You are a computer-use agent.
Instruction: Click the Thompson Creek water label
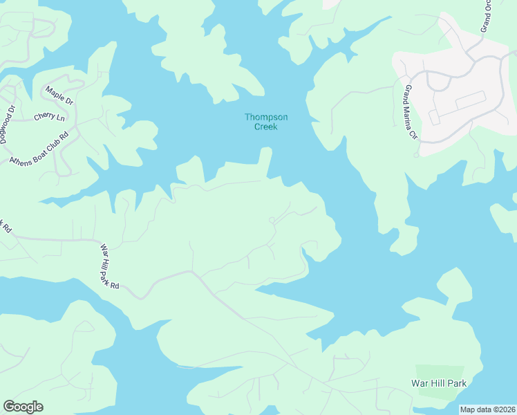pyautogui.click(x=266, y=122)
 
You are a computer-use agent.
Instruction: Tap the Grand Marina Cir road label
pyautogui.click(x=412, y=112)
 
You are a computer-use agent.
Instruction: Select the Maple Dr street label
pyautogui.click(x=59, y=95)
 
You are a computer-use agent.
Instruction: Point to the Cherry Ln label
pyautogui.click(x=48, y=116)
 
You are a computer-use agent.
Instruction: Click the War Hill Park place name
pyautogui.click(x=439, y=383)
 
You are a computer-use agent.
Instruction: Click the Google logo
pyautogui.click(x=23, y=407)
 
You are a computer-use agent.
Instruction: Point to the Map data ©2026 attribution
pyautogui.click(x=487, y=409)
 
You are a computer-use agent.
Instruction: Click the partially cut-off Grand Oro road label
pyautogui.click(x=486, y=15)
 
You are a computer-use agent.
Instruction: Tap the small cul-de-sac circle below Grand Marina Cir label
pyautogui.click(x=416, y=155)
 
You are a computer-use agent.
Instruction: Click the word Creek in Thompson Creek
pyautogui.click(x=266, y=127)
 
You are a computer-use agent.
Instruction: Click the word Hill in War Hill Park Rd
pyautogui.click(x=109, y=264)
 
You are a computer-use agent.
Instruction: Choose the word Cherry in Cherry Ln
pyautogui.click(x=44, y=117)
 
